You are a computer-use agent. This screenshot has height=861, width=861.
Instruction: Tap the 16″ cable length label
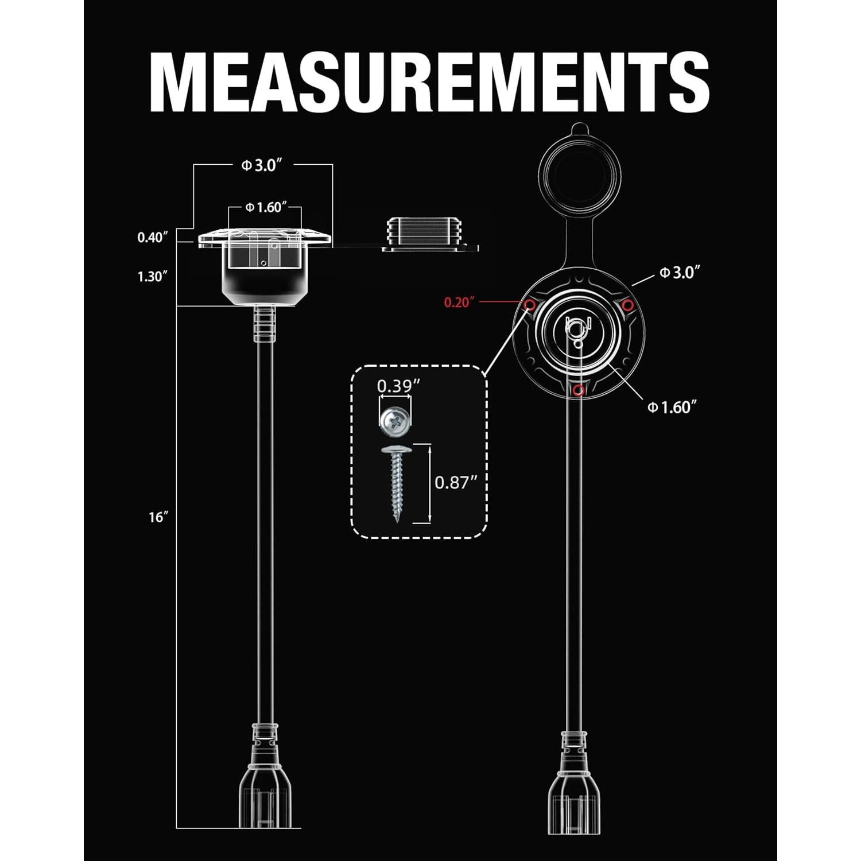point(158,517)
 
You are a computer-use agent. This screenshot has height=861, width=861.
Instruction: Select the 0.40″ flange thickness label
point(152,237)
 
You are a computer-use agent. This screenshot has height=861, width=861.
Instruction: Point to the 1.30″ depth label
point(152,277)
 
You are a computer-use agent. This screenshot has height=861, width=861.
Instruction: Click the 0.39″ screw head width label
point(395,386)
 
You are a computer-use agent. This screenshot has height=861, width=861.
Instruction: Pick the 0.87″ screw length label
point(456,482)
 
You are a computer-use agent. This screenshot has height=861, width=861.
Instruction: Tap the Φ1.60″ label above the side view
point(265,207)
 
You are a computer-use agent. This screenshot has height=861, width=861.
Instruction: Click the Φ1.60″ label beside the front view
point(672,407)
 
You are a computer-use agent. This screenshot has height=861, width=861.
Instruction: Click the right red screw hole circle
point(629,304)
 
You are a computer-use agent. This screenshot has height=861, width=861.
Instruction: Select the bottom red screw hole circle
point(579,390)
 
